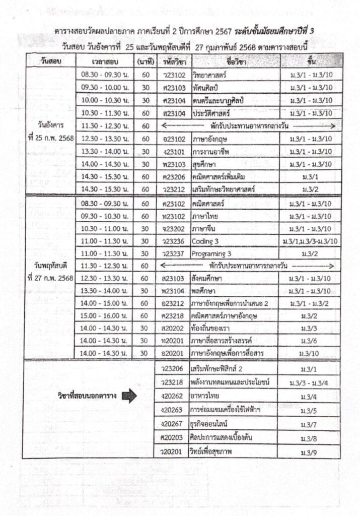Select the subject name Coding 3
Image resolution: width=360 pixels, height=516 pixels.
pyautogui.click(x=204, y=241)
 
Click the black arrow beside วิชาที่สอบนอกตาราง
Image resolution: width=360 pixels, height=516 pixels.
pyautogui.click(x=129, y=396)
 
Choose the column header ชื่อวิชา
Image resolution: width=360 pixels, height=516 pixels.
pyautogui.click(x=235, y=61)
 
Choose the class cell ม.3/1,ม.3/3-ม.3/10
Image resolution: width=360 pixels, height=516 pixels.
pyautogui.click(x=311, y=241)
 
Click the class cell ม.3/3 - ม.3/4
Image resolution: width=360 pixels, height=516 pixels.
pyautogui.click(x=308, y=383)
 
